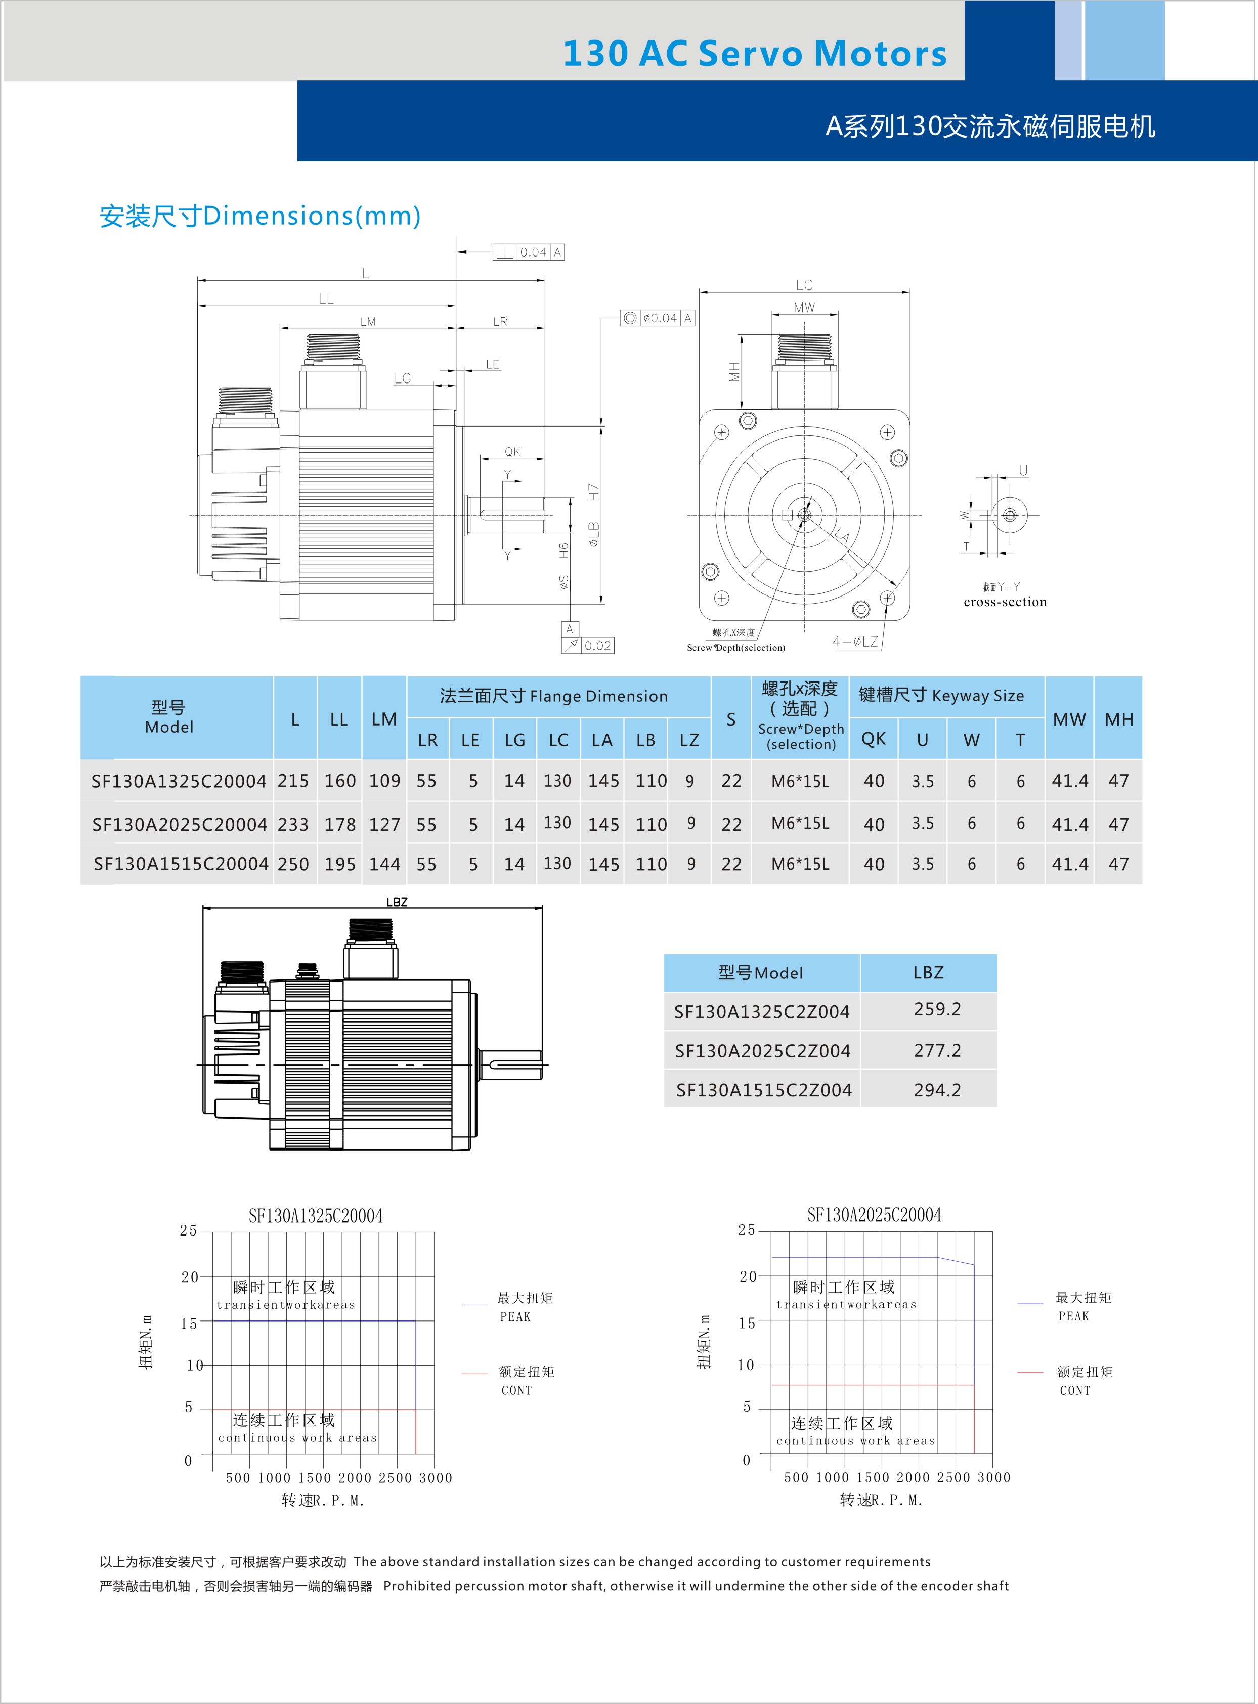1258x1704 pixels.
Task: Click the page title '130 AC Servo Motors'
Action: [x=754, y=53]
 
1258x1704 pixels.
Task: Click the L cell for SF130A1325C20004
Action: [x=293, y=781]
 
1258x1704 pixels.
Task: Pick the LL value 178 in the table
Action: [x=339, y=824]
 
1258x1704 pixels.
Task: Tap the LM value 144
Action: [x=384, y=864]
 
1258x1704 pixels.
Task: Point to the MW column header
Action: [x=1069, y=719]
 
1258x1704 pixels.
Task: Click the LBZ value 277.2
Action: [x=937, y=1050]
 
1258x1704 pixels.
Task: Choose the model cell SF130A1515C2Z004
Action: [x=764, y=1090]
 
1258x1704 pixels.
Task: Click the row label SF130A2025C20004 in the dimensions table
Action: [x=179, y=824]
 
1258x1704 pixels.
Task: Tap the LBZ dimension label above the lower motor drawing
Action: [x=397, y=902]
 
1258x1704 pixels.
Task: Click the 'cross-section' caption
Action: [x=1005, y=602]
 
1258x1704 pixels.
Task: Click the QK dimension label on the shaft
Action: [x=512, y=452]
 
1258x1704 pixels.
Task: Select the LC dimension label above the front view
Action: [x=804, y=285]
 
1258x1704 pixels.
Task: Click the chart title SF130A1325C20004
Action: [x=315, y=1216]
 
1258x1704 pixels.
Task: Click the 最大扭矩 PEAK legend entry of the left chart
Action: [x=525, y=1306]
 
